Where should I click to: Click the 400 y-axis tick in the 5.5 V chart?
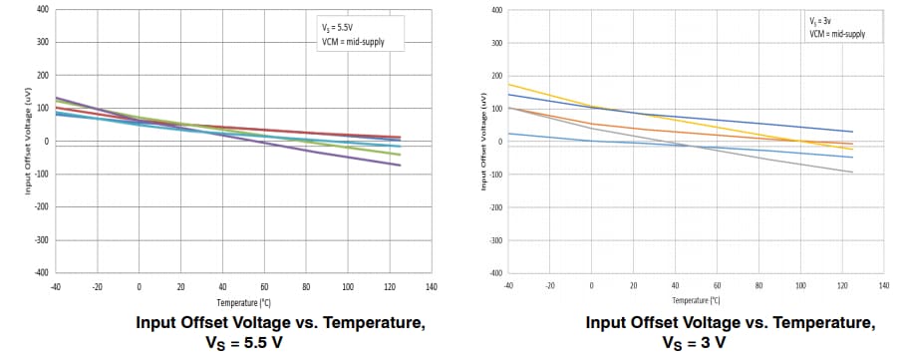[42, 10]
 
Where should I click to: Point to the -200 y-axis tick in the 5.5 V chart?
[40, 206]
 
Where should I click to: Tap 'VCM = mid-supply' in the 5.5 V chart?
[349, 43]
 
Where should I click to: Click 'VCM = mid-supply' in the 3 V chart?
[837, 33]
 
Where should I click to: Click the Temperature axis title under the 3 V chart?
[696, 299]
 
